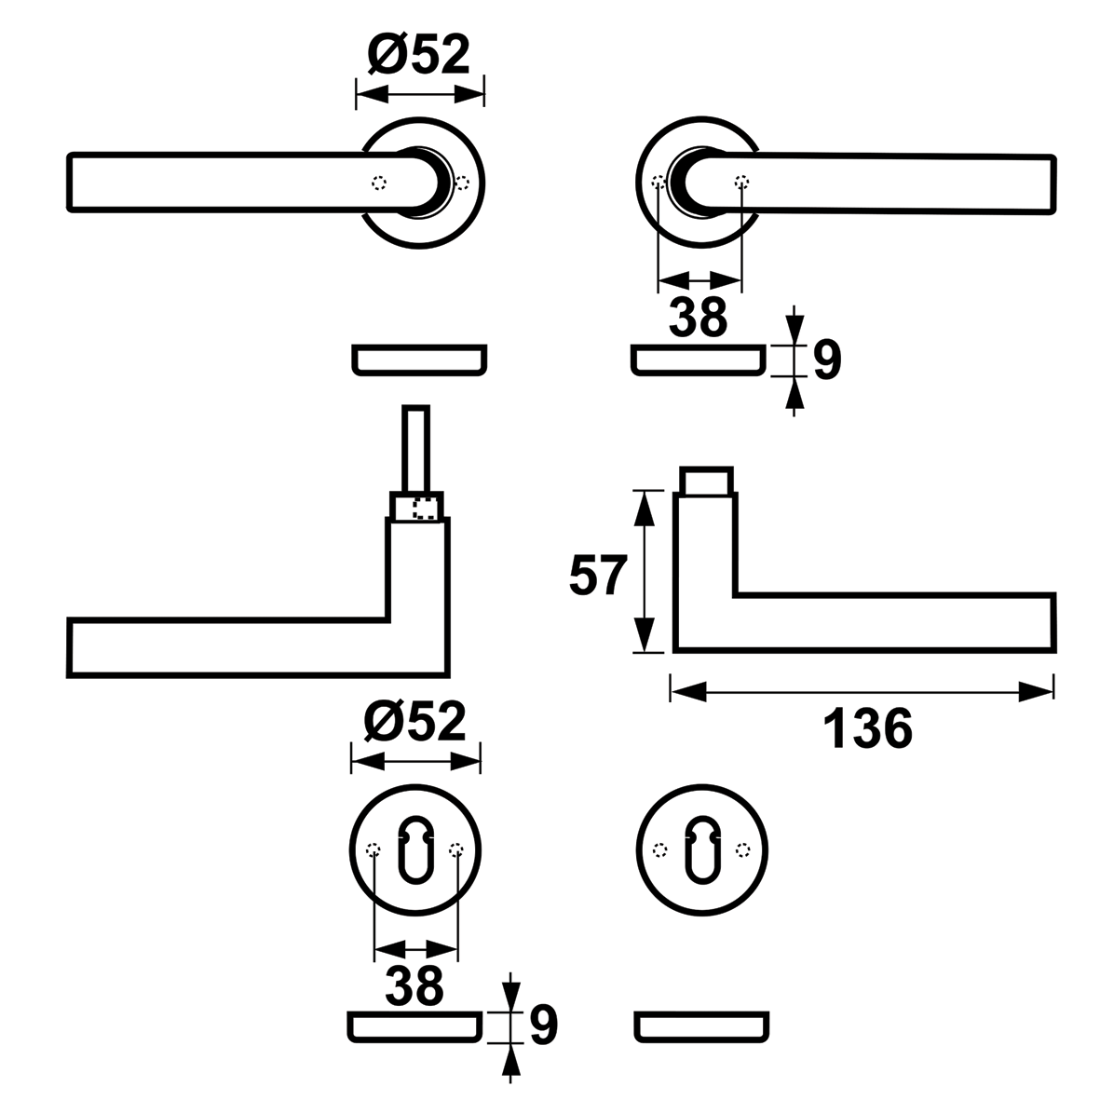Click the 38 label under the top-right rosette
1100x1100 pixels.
pyautogui.click(x=699, y=317)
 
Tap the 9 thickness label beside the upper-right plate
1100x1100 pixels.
pyautogui.click(x=827, y=360)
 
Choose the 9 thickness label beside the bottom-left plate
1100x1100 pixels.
pyautogui.click(x=543, y=1025)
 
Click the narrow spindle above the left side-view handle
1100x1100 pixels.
pyautogui.click(x=415, y=447)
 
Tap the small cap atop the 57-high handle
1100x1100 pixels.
pyautogui.click(x=705, y=480)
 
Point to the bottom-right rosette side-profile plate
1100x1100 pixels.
pyautogui.click(x=702, y=1025)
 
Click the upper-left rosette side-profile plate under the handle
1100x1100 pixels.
pyautogui.click(x=418, y=360)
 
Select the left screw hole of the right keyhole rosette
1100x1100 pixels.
pyautogui.click(x=659, y=849)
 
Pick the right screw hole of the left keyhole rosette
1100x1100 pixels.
pyautogui.click(x=456, y=849)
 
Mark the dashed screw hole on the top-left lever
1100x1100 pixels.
pyautogui.click(x=377, y=183)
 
